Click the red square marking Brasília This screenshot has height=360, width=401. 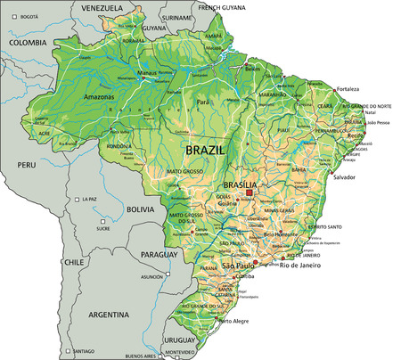250,192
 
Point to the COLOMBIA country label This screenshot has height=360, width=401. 28,42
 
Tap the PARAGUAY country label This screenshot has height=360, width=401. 160,254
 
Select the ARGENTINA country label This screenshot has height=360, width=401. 110,315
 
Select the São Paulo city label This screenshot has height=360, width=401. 240,266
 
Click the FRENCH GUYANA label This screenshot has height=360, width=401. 221,7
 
